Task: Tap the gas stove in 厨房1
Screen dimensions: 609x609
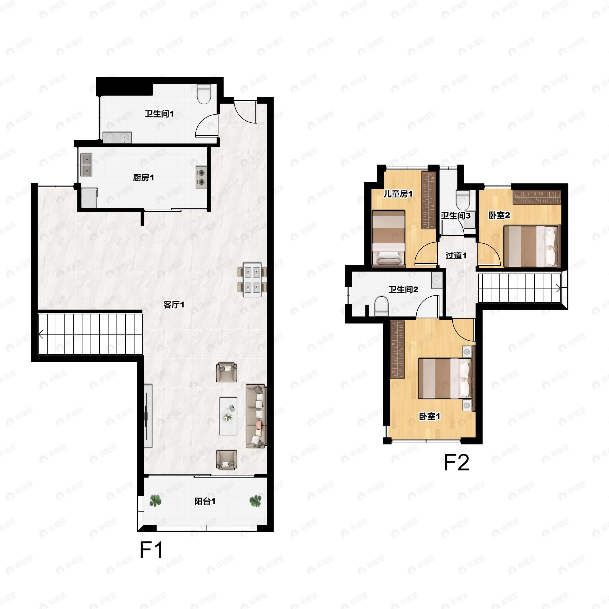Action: pos(201,177)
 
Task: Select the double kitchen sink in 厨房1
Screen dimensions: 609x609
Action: pos(86,164)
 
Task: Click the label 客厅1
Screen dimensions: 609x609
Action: pos(174,304)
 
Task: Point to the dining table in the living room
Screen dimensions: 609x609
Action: pos(252,280)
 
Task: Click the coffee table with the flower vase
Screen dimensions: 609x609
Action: pos(228,416)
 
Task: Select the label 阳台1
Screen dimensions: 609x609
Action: pos(205,501)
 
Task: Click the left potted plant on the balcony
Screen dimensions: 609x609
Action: pos(155,501)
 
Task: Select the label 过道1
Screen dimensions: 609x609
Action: pos(456,255)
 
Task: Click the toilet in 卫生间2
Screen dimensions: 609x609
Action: pos(381,306)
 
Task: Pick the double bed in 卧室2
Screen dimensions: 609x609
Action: pos(531,246)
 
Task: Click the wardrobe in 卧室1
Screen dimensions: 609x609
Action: pos(397,350)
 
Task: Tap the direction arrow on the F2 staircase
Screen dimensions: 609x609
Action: pos(558,288)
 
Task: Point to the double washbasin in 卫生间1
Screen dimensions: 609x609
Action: pos(117,138)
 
